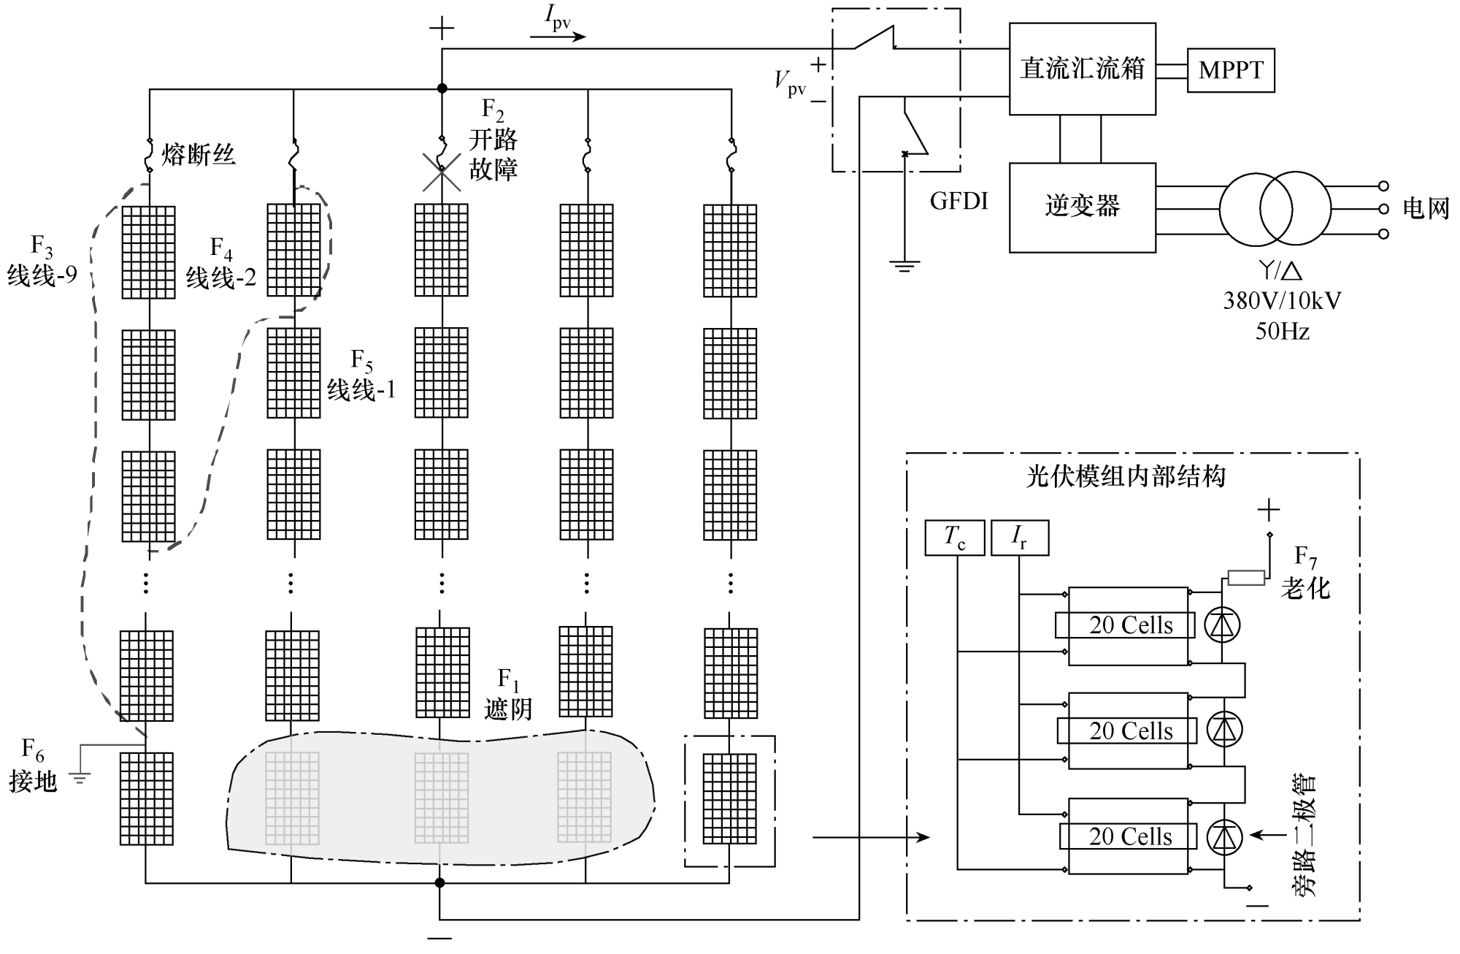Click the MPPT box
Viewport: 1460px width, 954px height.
pyautogui.click(x=1231, y=70)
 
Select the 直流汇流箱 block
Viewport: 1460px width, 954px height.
pyautogui.click(x=1082, y=69)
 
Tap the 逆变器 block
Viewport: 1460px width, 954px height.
pyautogui.click(x=1082, y=207)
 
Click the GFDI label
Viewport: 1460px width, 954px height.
pyautogui.click(x=958, y=201)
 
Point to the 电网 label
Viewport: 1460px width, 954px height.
pyautogui.click(x=1426, y=209)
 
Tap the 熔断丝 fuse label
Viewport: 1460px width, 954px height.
pyautogui.click(x=199, y=155)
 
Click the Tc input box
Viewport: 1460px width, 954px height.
pyautogui.click(x=954, y=538)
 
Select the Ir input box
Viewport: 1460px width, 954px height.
pyautogui.click(x=1019, y=538)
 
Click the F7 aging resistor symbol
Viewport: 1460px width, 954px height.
pyautogui.click(x=1246, y=579)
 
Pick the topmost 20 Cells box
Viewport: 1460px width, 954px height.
pyautogui.click(x=1130, y=625)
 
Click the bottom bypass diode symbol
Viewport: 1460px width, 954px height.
pyautogui.click(x=1224, y=837)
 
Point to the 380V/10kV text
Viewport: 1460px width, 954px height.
pyautogui.click(x=1282, y=301)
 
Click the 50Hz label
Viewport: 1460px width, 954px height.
pyautogui.click(x=1282, y=332)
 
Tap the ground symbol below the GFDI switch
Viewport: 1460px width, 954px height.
pyautogui.click(x=904, y=266)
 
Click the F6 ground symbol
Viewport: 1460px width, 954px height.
pyautogui.click(x=80, y=778)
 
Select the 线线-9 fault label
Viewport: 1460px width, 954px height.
pyautogui.click(x=42, y=275)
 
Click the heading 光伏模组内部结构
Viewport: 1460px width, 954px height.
pyautogui.click(x=1126, y=477)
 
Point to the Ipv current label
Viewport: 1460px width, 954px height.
pyautogui.click(x=558, y=20)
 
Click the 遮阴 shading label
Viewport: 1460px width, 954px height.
pyautogui.click(x=508, y=709)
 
